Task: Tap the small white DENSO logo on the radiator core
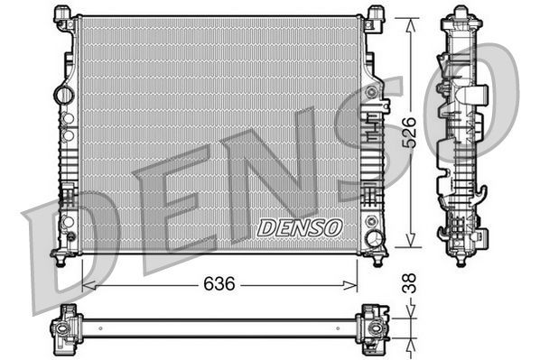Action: [x=299, y=228]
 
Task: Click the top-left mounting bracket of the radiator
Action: [x=65, y=17]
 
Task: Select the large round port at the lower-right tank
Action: [x=373, y=239]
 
